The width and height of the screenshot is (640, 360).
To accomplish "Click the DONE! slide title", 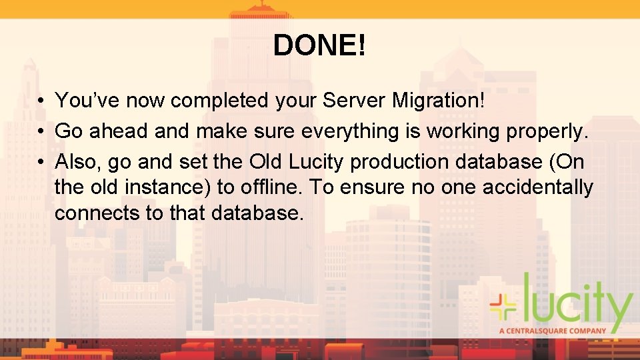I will [x=319, y=46].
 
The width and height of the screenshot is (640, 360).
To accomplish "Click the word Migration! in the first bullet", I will [x=443, y=101].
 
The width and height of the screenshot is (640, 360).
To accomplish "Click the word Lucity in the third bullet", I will [x=313, y=162].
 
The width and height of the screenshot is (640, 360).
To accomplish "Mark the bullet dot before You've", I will [x=41, y=101].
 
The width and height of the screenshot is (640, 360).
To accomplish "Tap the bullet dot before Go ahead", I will [x=41, y=132].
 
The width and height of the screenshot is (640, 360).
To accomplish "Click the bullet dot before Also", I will [x=41, y=163].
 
